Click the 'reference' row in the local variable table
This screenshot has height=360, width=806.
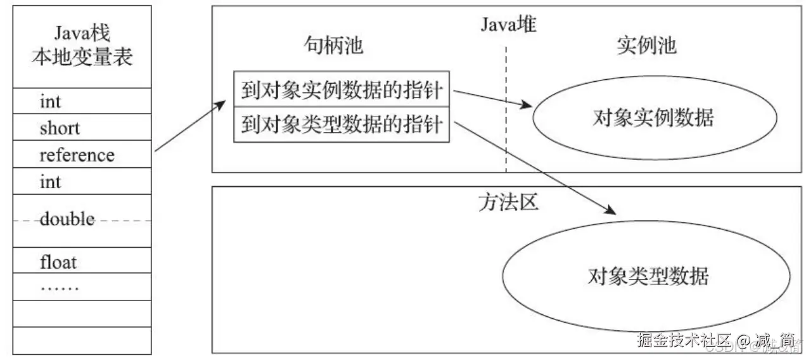pos(77,155)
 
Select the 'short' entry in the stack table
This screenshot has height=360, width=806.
pos(60,128)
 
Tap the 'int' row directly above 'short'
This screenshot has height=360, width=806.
pos(51,101)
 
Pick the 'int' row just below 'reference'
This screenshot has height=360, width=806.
pos(51,183)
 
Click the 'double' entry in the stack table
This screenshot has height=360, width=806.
pos(67,220)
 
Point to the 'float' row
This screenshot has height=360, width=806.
pos(58,261)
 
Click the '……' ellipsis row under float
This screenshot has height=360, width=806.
pos(60,288)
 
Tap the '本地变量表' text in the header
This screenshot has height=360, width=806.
pos(82,58)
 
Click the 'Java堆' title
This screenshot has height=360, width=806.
pos(509,25)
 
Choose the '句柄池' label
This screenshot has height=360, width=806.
pos(334,46)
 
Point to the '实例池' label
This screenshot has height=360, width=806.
pos(646,46)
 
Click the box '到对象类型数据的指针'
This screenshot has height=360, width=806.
pos(342,125)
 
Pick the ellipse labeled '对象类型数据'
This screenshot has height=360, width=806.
pos(648,276)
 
